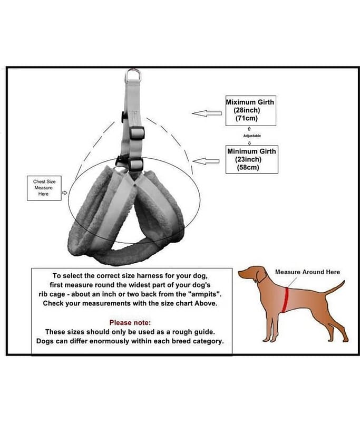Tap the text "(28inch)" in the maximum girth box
tap(247, 110)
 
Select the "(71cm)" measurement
tap(247, 118)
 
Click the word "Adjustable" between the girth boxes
tap(252, 136)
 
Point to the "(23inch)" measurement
tap(248, 159)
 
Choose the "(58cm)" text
tap(248, 167)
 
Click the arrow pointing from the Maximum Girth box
tap(207, 113)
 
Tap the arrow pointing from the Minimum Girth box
tap(206, 161)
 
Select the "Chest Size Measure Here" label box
tap(44, 188)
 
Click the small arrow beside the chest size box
tap(64, 193)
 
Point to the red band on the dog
tap(286, 300)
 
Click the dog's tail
tap(335, 287)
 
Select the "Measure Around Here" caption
tap(307, 272)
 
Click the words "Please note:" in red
tap(130, 322)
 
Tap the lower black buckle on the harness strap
tap(135, 165)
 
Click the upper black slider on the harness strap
tap(137, 133)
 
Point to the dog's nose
tap(239, 274)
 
